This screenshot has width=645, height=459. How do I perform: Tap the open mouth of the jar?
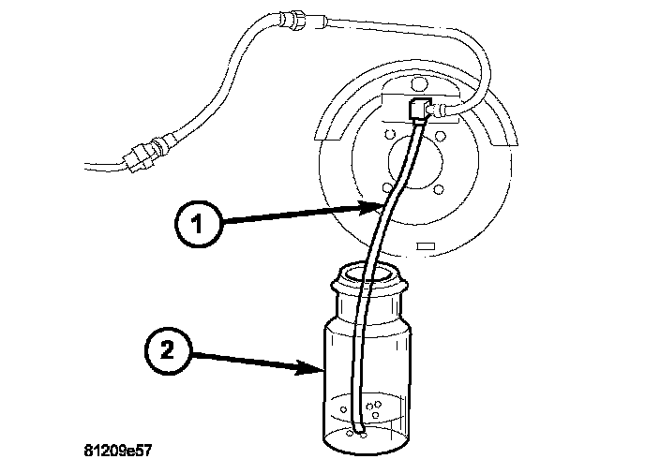tap(368, 275)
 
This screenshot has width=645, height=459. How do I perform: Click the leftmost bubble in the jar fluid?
tap(344, 409)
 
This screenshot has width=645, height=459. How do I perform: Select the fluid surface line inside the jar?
tap(367, 397)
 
